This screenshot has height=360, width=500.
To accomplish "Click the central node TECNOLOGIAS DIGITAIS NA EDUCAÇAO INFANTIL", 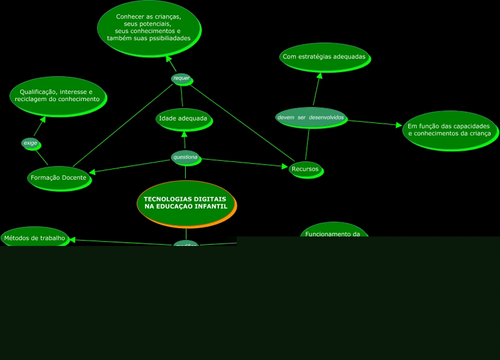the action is click(x=186, y=203).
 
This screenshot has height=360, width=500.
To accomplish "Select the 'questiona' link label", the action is click(x=185, y=157).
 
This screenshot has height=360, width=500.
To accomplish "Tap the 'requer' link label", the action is click(x=181, y=78).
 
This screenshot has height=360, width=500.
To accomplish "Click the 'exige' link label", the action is click(x=30, y=143).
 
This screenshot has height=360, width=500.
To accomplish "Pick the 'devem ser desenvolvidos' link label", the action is click(x=310, y=117).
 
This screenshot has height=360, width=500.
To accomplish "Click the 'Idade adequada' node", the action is click(x=183, y=119).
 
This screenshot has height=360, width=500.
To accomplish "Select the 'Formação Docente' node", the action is click(x=59, y=177).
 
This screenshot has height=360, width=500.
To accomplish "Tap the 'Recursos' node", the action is click(x=305, y=169).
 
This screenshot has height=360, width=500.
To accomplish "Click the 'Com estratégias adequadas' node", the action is click(x=324, y=57).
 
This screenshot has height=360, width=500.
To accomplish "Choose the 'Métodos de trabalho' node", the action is click(x=34, y=238).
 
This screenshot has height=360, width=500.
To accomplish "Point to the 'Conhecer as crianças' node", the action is click(x=149, y=28).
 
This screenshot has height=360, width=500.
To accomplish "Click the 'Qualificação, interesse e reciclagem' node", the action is click(x=57, y=95).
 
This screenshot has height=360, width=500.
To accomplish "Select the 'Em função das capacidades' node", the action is click(x=449, y=129).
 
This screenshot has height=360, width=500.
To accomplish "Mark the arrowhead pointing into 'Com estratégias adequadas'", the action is click(x=320, y=76).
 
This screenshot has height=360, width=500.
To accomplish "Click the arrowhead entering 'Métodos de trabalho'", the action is click(x=72, y=239).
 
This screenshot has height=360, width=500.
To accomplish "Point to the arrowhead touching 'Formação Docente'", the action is click(x=92, y=172).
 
